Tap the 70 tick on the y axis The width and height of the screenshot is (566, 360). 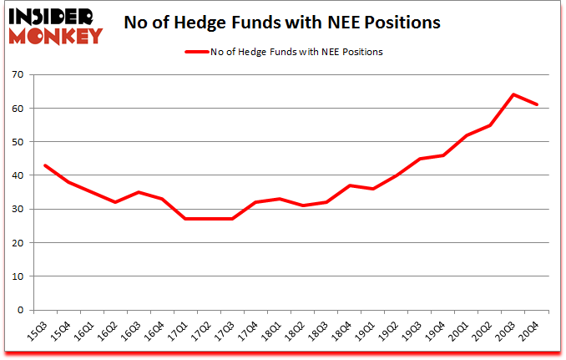17,75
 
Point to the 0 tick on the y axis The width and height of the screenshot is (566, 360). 20,310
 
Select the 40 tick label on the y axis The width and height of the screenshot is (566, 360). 17,175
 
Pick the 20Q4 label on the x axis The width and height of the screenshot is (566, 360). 528,332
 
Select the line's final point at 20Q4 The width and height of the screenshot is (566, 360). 537,104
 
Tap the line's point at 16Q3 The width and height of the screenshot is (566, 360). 138,192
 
